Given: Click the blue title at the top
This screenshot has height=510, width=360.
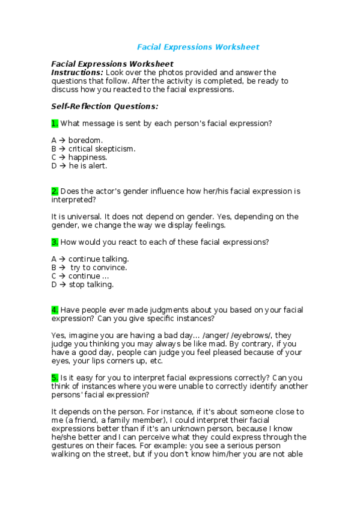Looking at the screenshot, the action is [x=198, y=46].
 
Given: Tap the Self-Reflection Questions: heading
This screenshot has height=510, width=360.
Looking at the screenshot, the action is [x=105, y=106].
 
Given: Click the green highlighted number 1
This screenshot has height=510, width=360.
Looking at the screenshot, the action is [x=55, y=123].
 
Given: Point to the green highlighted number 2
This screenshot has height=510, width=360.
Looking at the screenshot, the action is [x=55, y=191].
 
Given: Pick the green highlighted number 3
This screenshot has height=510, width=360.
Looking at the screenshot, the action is [x=55, y=242].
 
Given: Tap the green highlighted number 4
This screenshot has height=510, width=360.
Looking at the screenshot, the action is [x=55, y=310].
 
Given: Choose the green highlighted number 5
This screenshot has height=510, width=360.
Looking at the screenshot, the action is [x=55, y=378].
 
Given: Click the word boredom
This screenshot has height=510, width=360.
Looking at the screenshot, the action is [x=85, y=140].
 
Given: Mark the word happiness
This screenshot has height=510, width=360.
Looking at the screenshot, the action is [x=88, y=157].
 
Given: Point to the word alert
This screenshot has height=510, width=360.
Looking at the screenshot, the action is [x=97, y=165].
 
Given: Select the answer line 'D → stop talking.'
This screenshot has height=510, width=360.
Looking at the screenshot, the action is [x=82, y=284].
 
